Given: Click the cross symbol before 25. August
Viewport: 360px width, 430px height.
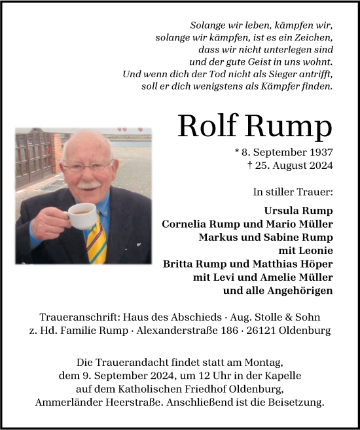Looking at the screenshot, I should click(251, 165).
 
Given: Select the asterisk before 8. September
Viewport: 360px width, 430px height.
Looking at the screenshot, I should click(236, 152).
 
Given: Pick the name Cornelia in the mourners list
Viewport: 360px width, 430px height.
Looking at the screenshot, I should click(186, 224).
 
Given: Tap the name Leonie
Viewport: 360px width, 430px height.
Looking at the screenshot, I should click(316, 251).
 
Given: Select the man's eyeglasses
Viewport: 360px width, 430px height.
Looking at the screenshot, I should click(88, 168).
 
